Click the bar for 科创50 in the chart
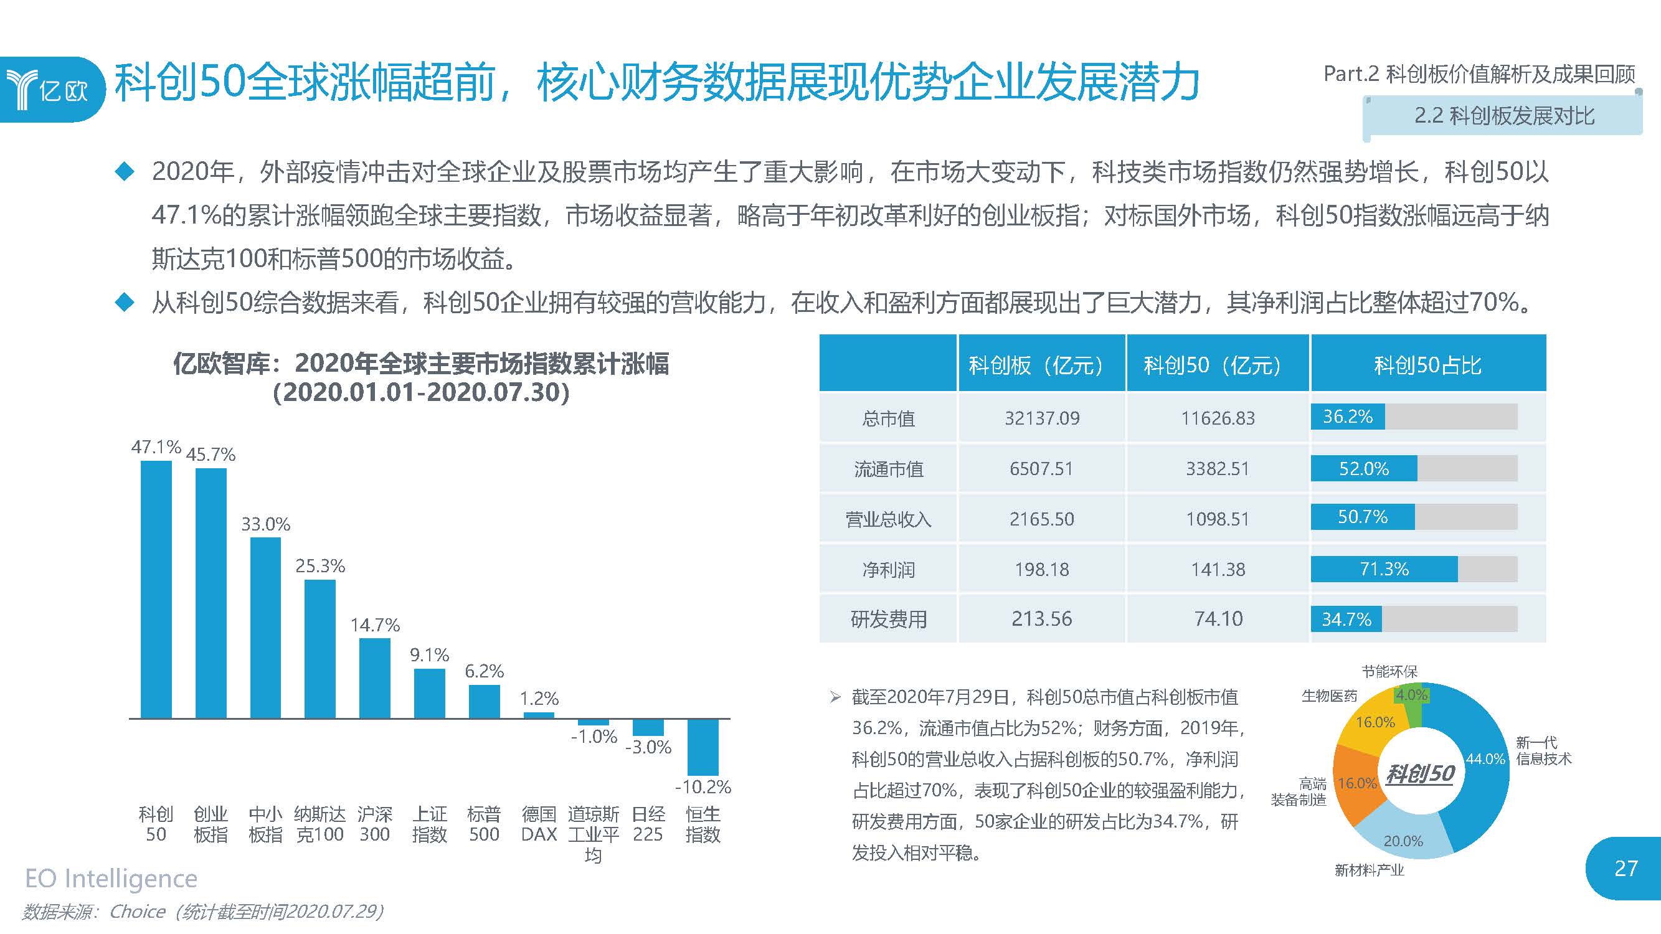[x=156, y=589]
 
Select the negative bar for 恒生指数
[x=703, y=747]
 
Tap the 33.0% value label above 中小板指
[x=266, y=524]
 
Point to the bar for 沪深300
[x=375, y=678]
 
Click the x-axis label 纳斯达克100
[x=320, y=824]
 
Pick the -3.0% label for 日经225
[x=648, y=747]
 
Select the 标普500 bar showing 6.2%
[x=485, y=701]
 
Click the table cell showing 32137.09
[x=1042, y=418]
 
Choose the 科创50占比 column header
[x=1427, y=365]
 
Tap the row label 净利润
[x=889, y=569]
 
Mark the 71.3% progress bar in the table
[x=1384, y=569]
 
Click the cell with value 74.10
[x=1218, y=619]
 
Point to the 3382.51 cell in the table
[x=1218, y=469]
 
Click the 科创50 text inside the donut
[x=1421, y=773]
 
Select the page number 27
[x=1626, y=868]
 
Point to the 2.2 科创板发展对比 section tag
[x=1503, y=116]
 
